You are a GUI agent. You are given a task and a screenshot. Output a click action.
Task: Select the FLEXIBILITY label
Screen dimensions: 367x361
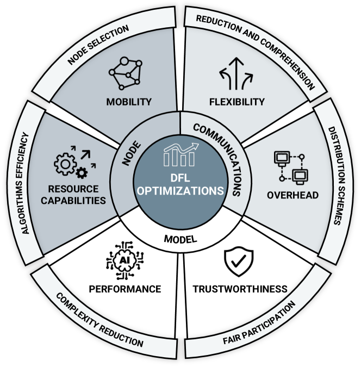click(237, 102)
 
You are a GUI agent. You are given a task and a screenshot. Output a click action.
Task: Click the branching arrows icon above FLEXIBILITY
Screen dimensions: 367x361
click(236, 76)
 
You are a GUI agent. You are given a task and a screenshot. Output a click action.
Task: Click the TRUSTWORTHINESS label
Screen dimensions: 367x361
click(240, 289)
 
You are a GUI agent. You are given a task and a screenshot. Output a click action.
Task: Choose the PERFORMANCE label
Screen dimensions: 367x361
click(126, 289)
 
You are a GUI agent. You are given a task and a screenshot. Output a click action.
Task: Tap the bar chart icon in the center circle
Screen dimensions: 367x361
click(180, 157)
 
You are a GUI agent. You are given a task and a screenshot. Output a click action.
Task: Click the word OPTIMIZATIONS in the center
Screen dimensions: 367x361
click(180, 191)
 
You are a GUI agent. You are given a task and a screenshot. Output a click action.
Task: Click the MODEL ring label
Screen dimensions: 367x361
click(180, 239)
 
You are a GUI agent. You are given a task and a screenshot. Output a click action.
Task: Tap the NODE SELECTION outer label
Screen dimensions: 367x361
click(98, 45)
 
